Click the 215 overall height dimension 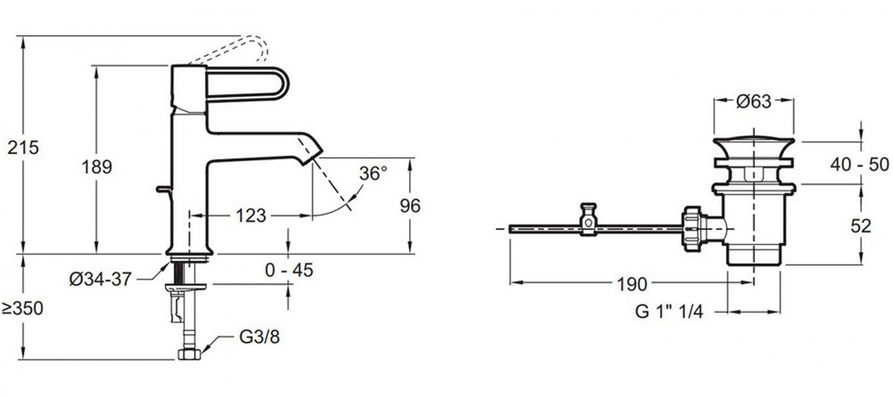[x=24, y=147]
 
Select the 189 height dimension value [x=97, y=167]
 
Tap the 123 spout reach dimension [x=251, y=216]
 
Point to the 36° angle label [x=373, y=174]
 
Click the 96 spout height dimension [x=410, y=206]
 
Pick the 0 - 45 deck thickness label [x=290, y=270]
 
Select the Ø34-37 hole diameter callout [x=101, y=280]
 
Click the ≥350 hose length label [x=22, y=308]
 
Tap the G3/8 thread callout [x=260, y=337]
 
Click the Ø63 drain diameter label [x=754, y=101]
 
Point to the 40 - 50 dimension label [x=860, y=165]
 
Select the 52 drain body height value [x=861, y=227]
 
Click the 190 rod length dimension [x=632, y=285]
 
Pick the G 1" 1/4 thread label [x=669, y=311]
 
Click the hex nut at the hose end [x=189, y=354]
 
